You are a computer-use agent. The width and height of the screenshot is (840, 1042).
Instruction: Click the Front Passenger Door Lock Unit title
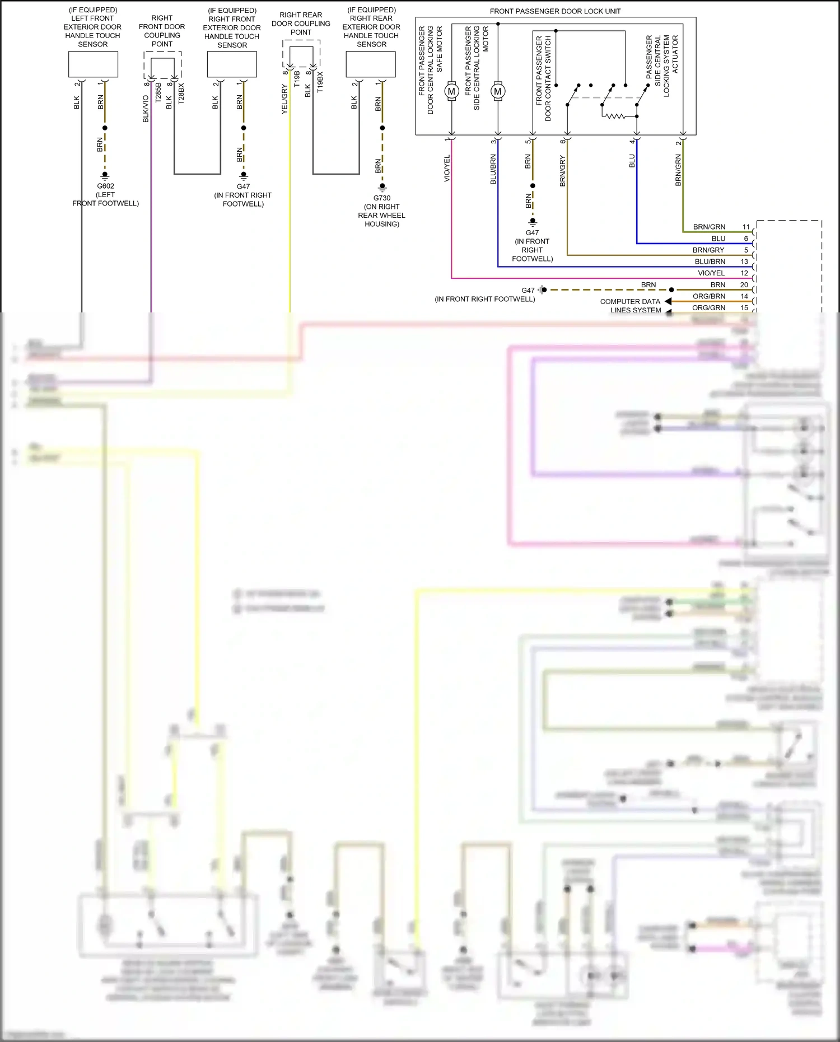click(554, 11)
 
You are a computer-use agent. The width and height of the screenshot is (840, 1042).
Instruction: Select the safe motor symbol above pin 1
click(451, 91)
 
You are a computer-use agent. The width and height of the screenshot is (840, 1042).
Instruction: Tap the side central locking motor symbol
click(497, 91)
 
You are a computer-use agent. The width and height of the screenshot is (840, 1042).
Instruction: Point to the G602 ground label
click(105, 186)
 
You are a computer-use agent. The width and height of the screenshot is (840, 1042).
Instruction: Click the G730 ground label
click(382, 198)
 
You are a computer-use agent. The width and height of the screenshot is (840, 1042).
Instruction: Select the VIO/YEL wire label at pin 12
click(711, 273)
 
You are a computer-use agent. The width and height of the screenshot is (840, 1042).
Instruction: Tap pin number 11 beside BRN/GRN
click(746, 227)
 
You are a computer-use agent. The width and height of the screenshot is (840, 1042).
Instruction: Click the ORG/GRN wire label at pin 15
click(708, 308)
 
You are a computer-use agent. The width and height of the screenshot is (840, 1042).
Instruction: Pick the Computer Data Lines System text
click(631, 305)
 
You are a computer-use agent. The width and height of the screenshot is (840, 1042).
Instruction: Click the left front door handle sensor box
click(93, 64)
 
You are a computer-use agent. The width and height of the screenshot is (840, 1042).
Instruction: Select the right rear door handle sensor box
click(371, 64)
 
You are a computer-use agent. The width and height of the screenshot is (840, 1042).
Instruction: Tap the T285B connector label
click(158, 92)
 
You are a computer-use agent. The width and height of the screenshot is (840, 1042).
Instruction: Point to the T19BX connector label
click(320, 81)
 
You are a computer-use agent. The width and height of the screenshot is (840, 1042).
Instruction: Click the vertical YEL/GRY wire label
click(284, 100)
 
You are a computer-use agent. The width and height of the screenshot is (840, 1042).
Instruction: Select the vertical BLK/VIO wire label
click(146, 109)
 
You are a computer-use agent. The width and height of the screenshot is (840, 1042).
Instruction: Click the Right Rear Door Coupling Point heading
click(301, 24)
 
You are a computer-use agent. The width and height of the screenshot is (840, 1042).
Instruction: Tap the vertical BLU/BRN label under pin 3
click(493, 169)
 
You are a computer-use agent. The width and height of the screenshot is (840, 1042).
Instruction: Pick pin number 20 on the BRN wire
click(744, 285)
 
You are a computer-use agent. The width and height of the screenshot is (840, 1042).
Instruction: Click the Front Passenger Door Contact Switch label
click(543, 78)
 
